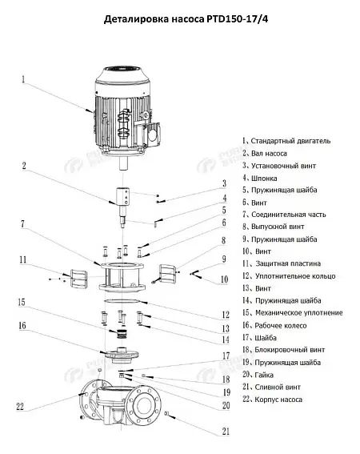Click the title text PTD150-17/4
click(237, 19)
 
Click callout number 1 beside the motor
click(23, 79)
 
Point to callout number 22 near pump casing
click(20, 407)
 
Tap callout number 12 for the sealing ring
click(226, 315)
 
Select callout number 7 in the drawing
click(23, 224)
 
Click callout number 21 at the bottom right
click(226, 432)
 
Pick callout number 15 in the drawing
click(22, 303)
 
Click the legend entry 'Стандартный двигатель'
click(290, 141)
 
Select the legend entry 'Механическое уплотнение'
click(299, 313)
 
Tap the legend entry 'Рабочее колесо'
click(281, 325)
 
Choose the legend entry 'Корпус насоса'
click(278, 400)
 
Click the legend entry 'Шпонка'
click(264, 179)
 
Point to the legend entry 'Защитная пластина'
click(288, 263)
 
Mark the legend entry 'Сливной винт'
click(278, 387)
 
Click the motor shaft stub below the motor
click(124, 164)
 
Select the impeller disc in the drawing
click(119, 355)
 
